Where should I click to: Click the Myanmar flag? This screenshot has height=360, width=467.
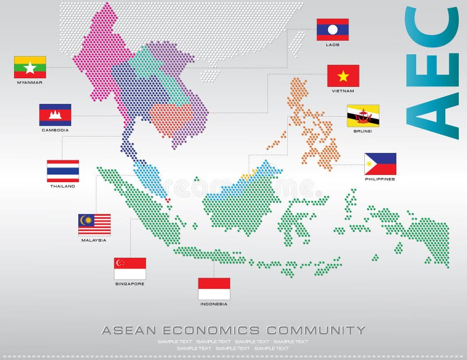point(30,67)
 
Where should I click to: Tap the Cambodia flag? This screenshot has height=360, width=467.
point(55,115)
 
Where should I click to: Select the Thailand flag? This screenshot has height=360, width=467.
point(62,171)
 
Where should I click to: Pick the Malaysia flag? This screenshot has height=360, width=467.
point(94,225)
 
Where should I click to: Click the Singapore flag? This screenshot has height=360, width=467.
point(130,268)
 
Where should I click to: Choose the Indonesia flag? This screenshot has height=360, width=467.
point(214,288)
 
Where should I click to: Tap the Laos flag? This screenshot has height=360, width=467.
point(333,29)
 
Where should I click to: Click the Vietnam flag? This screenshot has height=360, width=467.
point(343,76)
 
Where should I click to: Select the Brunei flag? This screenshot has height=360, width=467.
point(363,116)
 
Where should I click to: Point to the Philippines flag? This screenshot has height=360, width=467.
point(380,164)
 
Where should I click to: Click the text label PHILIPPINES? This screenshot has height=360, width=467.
point(380,179)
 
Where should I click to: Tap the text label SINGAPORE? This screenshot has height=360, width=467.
point(130,284)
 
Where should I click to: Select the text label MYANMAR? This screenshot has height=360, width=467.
point(30,82)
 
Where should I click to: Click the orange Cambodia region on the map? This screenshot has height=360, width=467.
point(170,118)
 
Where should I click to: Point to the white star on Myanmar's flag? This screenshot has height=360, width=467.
point(30,68)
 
